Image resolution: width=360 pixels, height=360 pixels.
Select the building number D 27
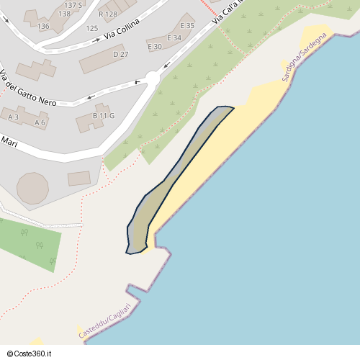120,55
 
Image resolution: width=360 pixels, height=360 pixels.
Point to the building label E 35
187,26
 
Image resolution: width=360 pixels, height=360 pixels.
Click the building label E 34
174,37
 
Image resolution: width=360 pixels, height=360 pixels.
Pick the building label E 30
154,47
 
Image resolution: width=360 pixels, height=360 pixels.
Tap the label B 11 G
104,116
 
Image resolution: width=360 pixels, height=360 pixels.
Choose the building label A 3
13,117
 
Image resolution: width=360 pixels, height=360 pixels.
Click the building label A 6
40,122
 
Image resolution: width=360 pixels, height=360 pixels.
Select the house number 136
43,26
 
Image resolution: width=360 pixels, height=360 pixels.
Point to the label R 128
107,14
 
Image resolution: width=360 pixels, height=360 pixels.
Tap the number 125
91,28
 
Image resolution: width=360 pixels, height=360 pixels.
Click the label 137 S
73,4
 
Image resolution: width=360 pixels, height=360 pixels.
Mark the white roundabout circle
152,78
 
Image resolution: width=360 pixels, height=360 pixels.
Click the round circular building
32,187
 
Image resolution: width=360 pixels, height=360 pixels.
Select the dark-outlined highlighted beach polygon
173,180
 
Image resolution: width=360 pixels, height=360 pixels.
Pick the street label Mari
9,143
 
